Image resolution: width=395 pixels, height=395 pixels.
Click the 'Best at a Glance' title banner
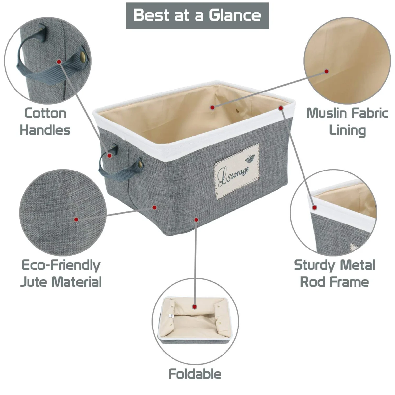click(197, 15)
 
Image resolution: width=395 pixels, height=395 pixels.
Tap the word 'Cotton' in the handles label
click(45, 113)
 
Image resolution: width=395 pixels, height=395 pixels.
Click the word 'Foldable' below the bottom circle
click(195, 374)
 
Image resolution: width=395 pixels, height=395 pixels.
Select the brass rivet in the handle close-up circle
click(83, 55)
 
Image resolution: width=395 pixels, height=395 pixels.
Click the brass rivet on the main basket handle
click(140, 163)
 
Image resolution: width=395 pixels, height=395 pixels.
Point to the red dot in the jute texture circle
click(76, 220)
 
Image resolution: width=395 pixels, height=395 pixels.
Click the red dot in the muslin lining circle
click(327, 71)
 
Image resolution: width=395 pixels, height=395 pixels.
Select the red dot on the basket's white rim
click(281, 108)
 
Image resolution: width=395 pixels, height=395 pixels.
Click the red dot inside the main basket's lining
click(212, 107)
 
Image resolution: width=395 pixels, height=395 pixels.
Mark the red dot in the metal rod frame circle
click(315, 208)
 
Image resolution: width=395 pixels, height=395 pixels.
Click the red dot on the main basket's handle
click(110, 156)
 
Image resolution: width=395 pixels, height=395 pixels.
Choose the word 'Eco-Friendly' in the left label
click(61, 265)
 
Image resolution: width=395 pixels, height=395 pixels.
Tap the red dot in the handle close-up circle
click(59, 62)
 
